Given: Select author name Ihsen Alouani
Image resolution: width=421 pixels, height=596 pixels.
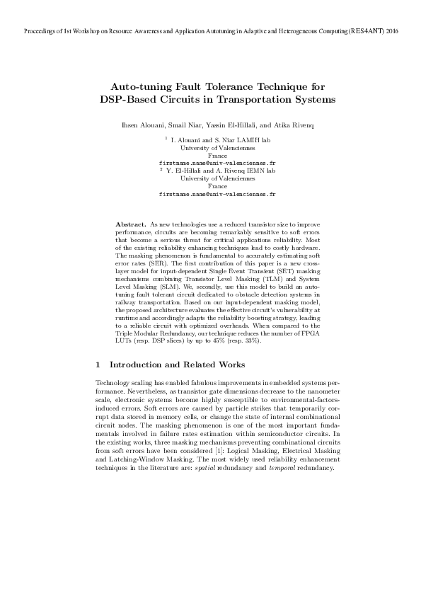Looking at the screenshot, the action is tap(140, 125).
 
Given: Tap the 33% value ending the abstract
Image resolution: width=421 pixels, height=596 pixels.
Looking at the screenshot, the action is tap(254, 341).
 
